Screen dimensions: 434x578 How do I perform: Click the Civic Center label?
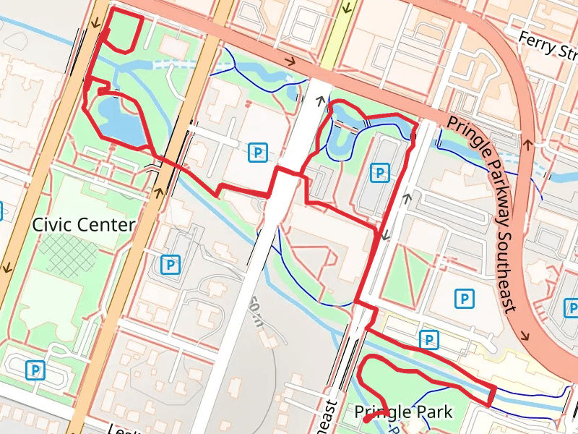coord(84,225)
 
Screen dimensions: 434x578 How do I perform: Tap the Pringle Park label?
coord(403,412)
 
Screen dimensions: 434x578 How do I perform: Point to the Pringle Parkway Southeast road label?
coord(491,210)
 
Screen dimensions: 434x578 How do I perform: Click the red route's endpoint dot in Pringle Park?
coord(366,419)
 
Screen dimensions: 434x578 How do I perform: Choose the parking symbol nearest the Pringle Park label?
coord(430,339)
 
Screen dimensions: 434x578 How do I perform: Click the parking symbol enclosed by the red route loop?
coord(379,172)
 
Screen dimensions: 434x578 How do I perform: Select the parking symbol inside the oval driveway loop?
coord(34,370)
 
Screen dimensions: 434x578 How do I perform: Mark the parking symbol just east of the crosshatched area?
coord(171,265)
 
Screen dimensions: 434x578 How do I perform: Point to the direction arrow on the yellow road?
coord(348,10)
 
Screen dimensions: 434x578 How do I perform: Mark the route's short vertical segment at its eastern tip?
coord(493,397)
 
